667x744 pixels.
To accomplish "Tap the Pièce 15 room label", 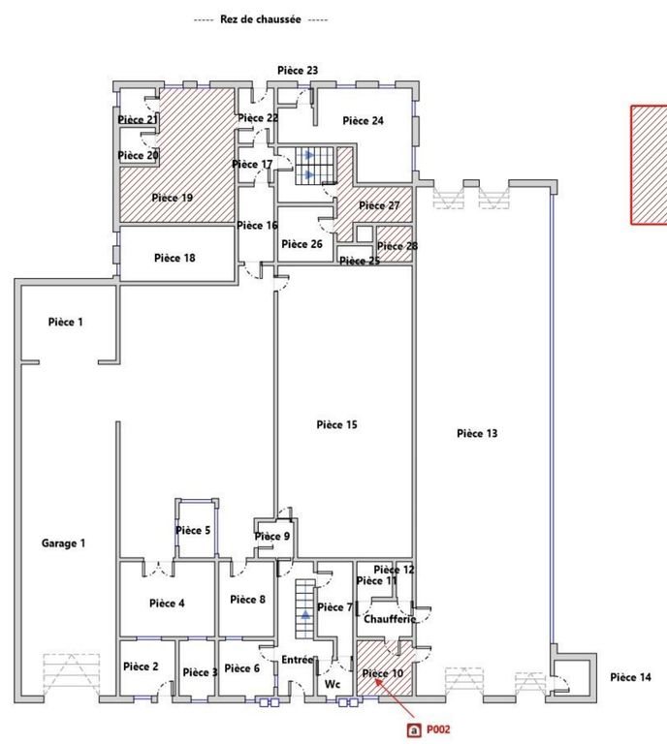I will tap(337, 424).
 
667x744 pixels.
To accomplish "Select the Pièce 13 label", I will tap(476, 433).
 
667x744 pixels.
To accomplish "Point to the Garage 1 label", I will tap(63, 543).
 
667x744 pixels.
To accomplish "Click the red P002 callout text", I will tap(439, 729).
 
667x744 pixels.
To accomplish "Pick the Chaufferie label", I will tap(390, 619).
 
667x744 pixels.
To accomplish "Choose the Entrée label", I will tap(298, 661).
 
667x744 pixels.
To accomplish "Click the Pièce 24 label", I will tap(364, 121).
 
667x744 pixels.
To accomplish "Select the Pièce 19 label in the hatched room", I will tap(173, 198).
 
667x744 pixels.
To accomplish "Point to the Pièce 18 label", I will tap(175, 258).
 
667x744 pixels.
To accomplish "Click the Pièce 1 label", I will tap(66, 322).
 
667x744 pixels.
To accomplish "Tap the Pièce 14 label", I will tap(630, 677).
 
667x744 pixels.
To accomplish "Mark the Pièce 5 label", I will tap(193, 530).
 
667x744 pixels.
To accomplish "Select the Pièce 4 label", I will tap(168, 604).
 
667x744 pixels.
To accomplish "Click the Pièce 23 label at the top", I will tap(298, 71).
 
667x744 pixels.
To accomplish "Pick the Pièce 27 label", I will tap(379, 205).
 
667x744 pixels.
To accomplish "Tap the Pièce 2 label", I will tap(141, 666).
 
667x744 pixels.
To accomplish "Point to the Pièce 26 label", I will tap(302, 244).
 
